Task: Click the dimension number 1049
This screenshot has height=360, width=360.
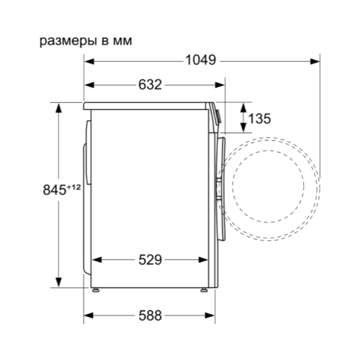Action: click(x=201, y=60)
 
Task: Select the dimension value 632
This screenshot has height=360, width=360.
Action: click(x=150, y=85)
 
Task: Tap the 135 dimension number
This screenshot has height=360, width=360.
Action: click(x=260, y=119)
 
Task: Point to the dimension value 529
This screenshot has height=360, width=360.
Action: click(x=150, y=260)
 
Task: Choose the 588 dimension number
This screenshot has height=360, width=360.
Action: click(x=150, y=315)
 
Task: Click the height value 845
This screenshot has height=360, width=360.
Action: click(x=54, y=190)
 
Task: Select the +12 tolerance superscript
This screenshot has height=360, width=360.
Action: click(x=73, y=186)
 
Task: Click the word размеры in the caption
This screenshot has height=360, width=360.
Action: click(x=69, y=42)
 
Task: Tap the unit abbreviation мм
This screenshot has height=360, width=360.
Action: click(x=122, y=42)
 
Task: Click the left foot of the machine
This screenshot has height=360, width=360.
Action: click(x=96, y=290)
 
